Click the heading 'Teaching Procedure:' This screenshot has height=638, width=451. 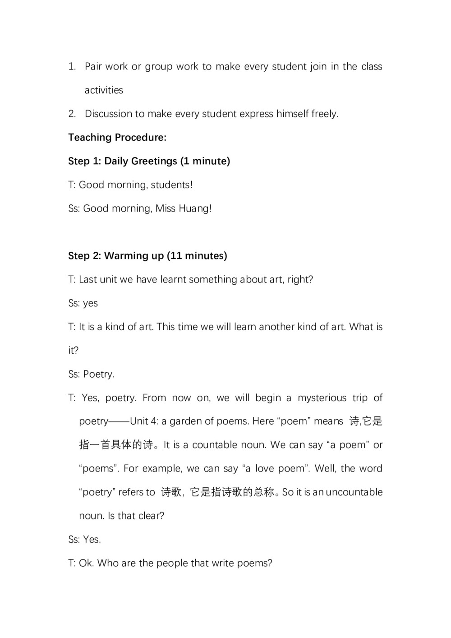[117, 138]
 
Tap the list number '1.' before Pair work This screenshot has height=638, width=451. [72, 67]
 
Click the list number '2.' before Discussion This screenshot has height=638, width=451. [72, 114]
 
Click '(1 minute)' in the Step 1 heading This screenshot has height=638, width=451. [205, 161]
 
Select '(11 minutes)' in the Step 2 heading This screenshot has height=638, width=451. [197, 256]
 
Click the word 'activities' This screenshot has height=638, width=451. [104, 90]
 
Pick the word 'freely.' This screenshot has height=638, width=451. [325, 114]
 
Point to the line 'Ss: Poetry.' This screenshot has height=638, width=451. [91, 374]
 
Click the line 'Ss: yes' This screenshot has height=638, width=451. [83, 303]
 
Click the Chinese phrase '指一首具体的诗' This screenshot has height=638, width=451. [116, 445]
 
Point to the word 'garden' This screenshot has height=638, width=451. [186, 421]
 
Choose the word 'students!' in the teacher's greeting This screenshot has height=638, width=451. [172, 185]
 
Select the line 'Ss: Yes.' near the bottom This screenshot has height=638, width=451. [84, 540]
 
